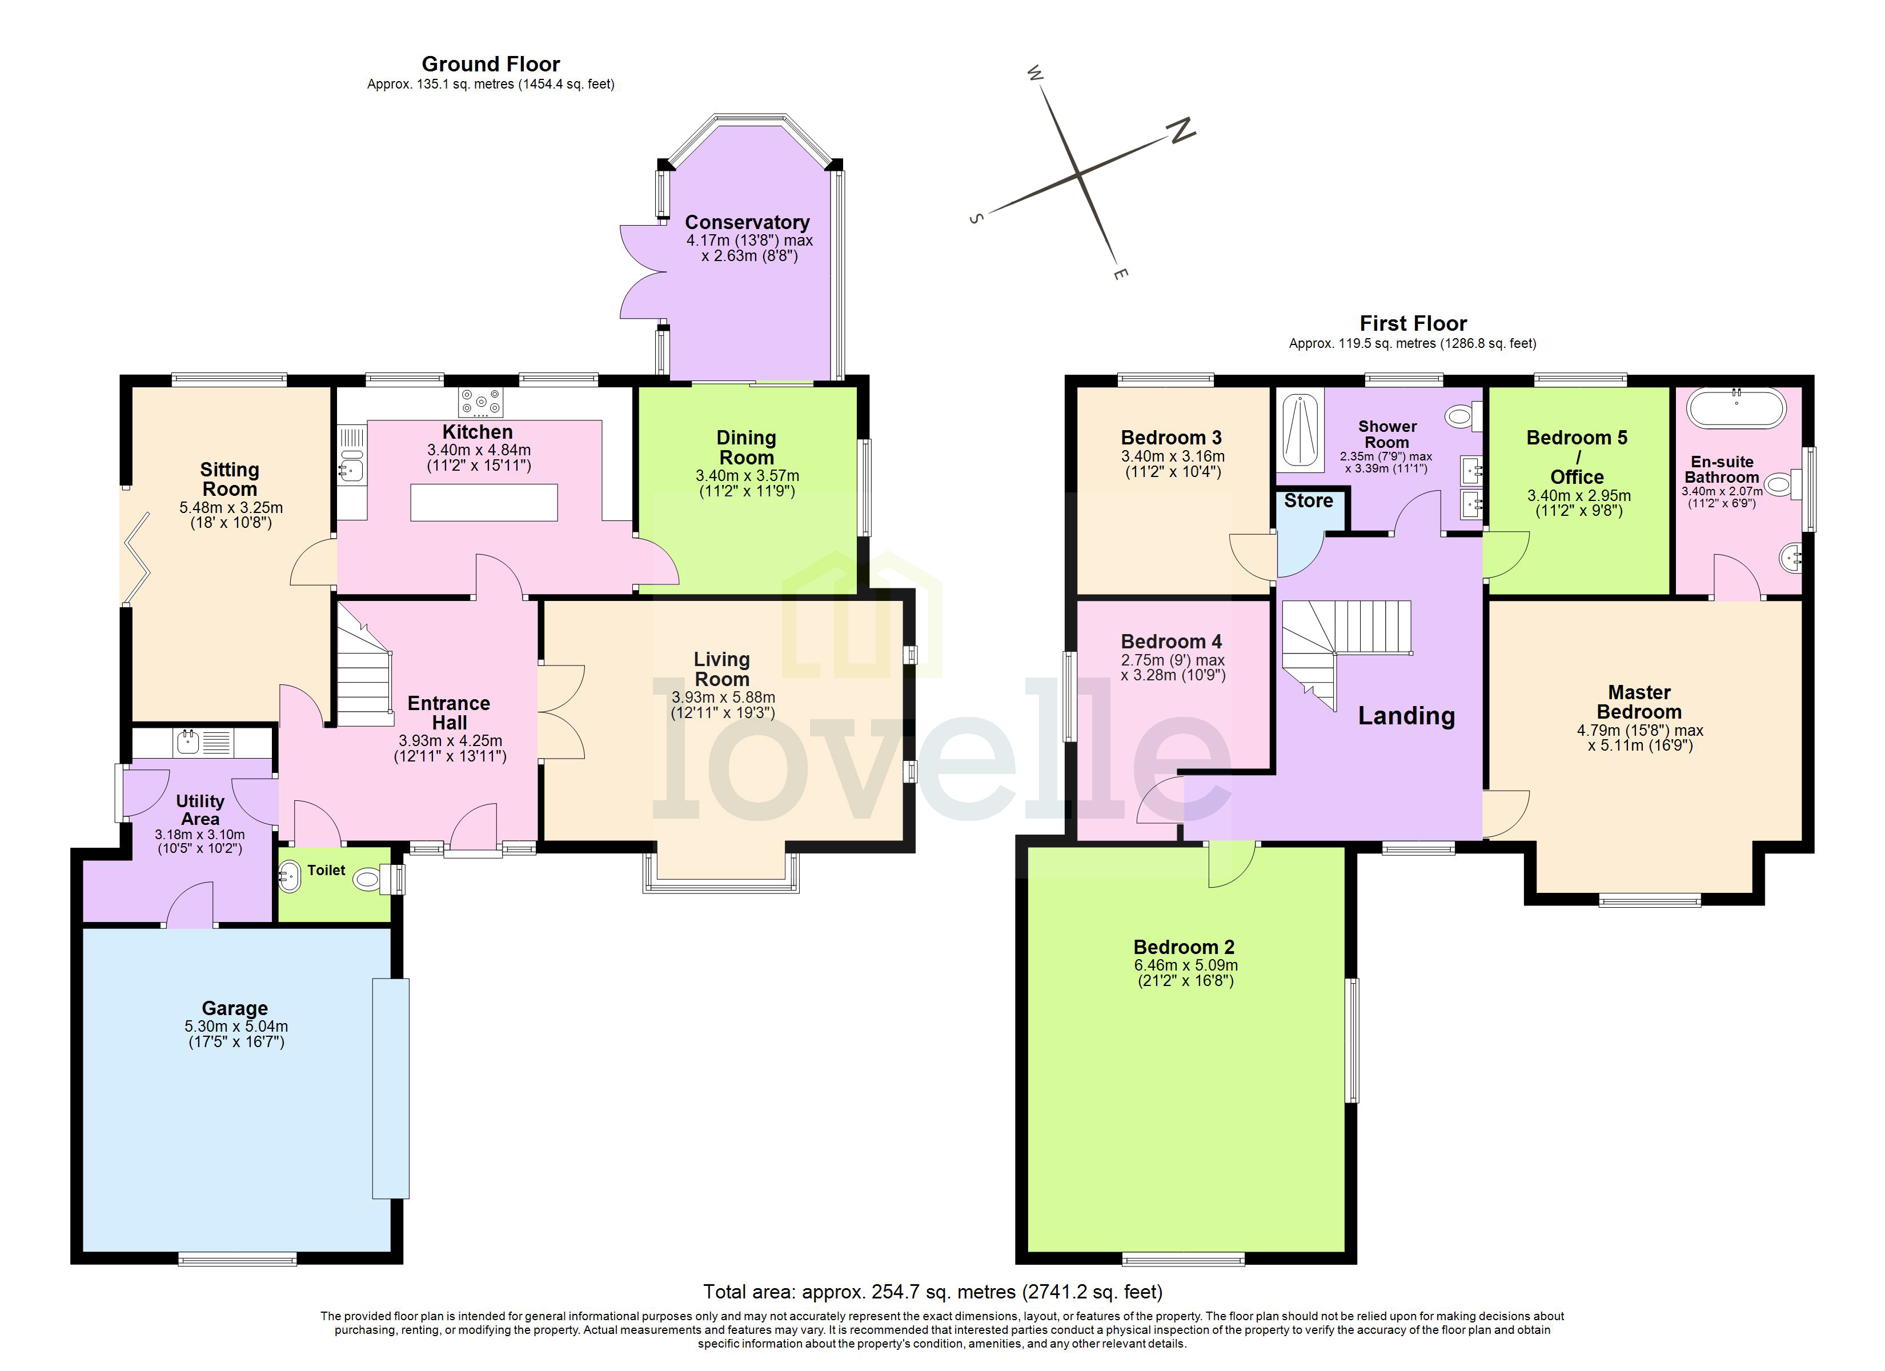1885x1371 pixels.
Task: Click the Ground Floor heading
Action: coord(490,64)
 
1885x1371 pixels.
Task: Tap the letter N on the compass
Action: coord(1181,131)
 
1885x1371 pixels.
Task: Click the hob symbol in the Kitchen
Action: coord(480,402)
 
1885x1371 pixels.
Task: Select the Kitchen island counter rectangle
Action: coord(484,503)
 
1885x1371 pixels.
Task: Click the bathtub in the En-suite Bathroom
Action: coord(1735,409)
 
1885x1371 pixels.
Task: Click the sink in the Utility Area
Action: coord(188,741)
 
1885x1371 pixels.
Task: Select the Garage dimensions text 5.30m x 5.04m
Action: coord(236,1026)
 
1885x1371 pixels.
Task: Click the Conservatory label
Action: coord(747,222)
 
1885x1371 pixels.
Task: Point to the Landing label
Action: coord(1406,716)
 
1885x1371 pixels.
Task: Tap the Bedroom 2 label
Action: coord(1184,947)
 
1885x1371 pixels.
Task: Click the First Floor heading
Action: coord(1413,323)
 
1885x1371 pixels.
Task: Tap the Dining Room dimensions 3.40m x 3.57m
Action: coord(747,476)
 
